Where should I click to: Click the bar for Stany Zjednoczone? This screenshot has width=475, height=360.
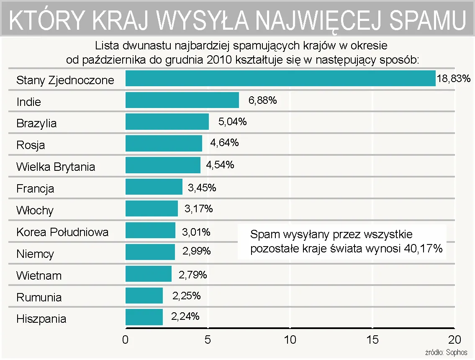tap(280, 78)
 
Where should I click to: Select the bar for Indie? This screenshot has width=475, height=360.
tap(182, 100)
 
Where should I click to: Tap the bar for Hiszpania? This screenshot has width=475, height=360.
tap(144, 317)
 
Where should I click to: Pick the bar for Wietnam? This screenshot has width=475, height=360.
tap(149, 274)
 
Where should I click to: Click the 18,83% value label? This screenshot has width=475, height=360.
tap(454, 78)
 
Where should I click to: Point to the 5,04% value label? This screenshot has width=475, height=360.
tap(232, 122)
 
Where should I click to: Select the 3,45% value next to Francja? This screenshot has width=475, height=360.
tap(202, 188)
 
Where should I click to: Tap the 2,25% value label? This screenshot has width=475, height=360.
tap(187, 296)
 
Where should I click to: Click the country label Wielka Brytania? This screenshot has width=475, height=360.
tap(56, 167)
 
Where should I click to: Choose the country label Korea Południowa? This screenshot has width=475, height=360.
tap(62, 232)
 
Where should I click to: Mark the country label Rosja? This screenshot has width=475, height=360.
tap(31, 145)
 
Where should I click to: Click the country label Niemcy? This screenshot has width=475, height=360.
tap(35, 254)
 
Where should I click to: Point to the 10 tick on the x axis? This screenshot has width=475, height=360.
tap(290, 339)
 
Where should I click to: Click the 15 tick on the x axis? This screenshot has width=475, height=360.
tap(372, 339)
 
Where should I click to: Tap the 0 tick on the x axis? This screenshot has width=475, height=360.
tap(125, 339)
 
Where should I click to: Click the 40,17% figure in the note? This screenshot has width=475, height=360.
tap(424, 248)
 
